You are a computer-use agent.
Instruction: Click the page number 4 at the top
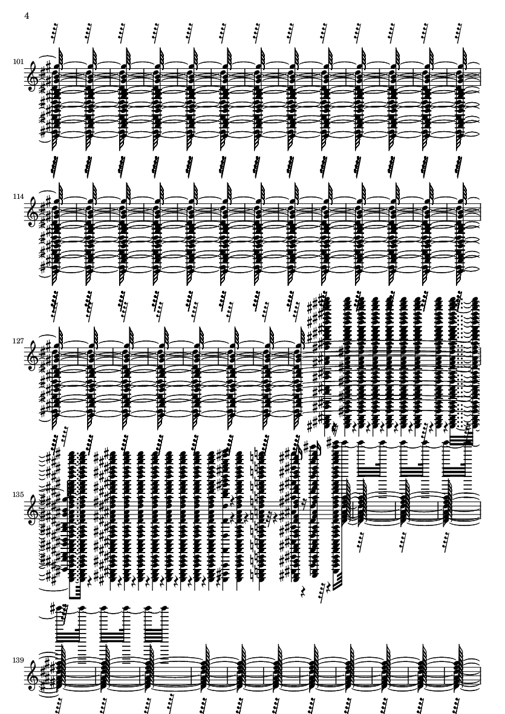point(27,16)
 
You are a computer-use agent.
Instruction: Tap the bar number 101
point(18,62)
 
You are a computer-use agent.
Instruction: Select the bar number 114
point(18,196)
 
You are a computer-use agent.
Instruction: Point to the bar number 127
point(18,340)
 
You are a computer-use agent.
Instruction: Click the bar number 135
point(18,494)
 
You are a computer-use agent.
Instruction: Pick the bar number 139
point(18,660)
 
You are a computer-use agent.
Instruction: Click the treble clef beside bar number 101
point(33,79)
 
